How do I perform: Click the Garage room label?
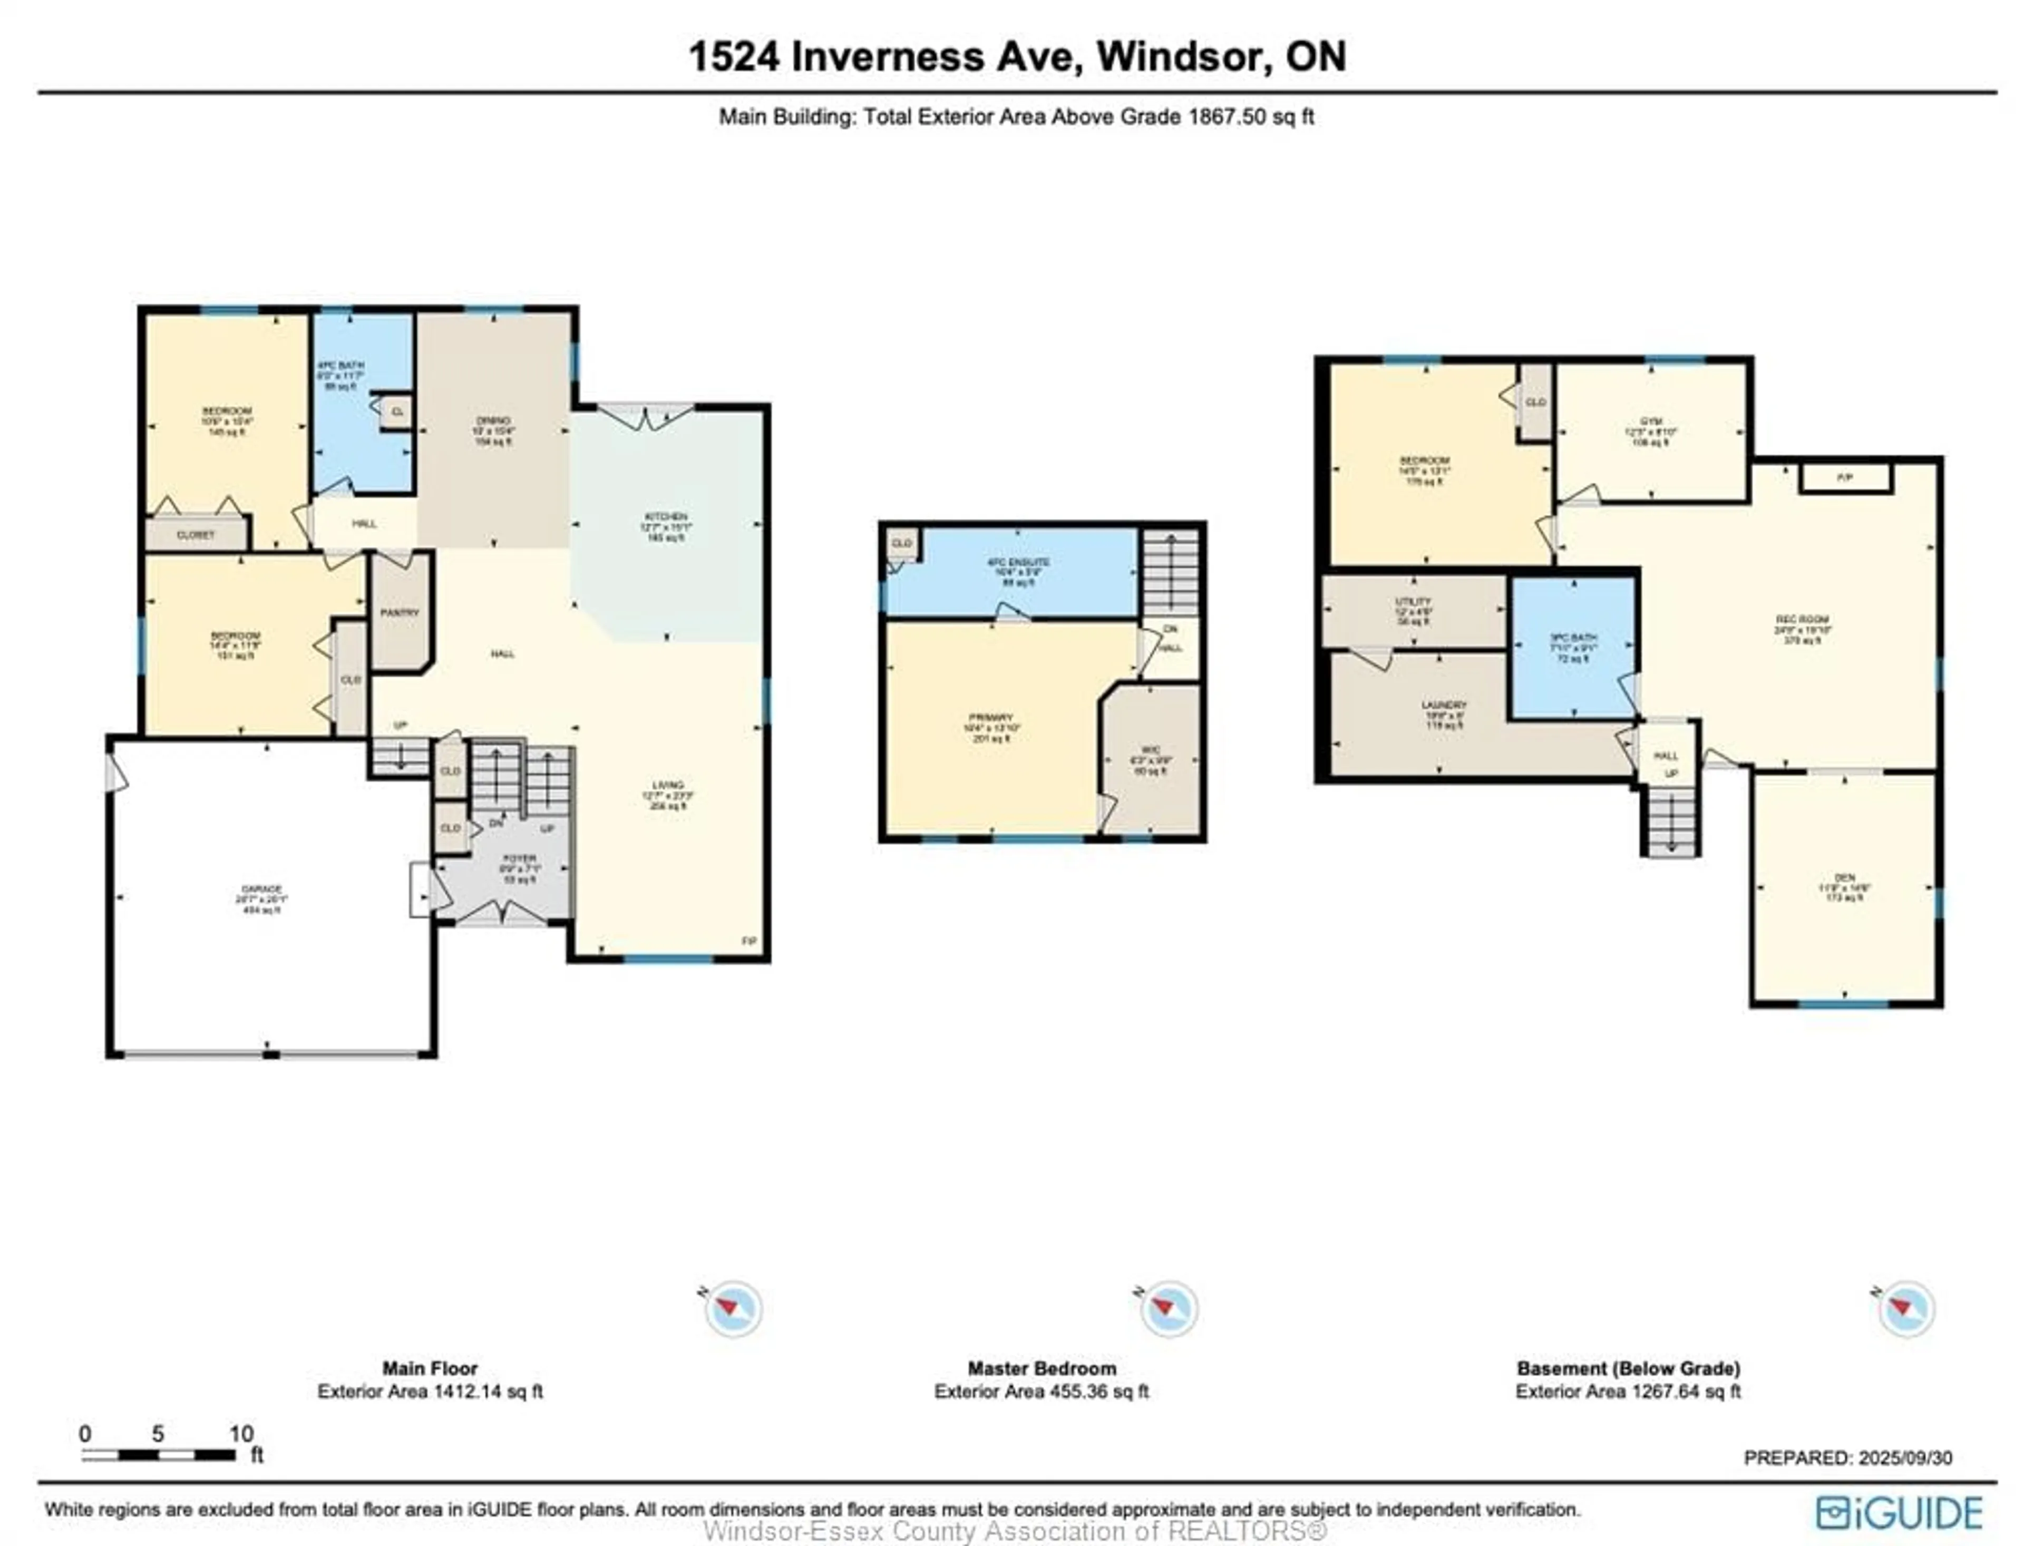pyautogui.click(x=261, y=889)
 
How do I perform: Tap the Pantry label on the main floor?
pyautogui.click(x=400, y=612)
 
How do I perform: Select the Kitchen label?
pyautogui.click(x=666, y=517)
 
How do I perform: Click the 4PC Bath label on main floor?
pyautogui.click(x=339, y=365)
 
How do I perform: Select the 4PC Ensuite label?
pyautogui.click(x=1017, y=561)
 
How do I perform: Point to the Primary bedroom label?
pyautogui.click(x=990, y=717)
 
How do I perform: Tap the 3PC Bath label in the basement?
pyautogui.click(x=1573, y=638)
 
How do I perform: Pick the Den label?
pyautogui.click(x=1844, y=878)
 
